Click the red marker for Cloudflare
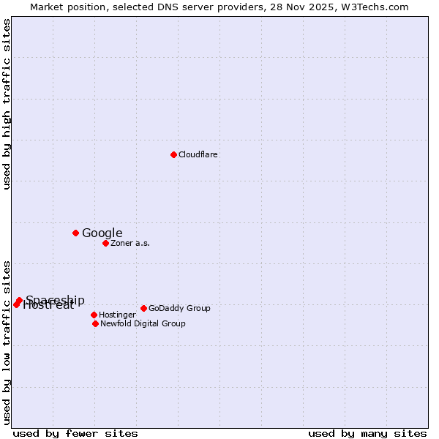pyautogui.click(x=173, y=154)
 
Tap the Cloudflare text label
pyautogui.click(x=198, y=154)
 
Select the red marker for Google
pyautogui.click(x=75, y=233)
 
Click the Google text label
pyautogui.click(x=102, y=233)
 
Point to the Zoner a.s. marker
pyautogui.click(x=105, y=243)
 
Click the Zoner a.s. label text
pyautogui.click(x=130, y=243)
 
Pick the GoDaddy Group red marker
pyautogui.click(x=143, y=308)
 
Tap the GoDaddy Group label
pyautogui.click(x=179, y=308)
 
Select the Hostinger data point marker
pyautogui.click(x=94, y=315)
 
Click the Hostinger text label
pyautogui.click(x=117, y=315)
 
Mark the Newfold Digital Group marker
pyautogui.click(x=95, y=323)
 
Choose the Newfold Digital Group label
pyautogui.click(x=143, y=323)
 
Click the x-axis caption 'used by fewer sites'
pyautogui.click(x=75, y=433)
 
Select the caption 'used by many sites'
pyautogui.click(x=367, y=433)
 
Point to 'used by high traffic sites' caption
pyautogui.click(x=7, y=105)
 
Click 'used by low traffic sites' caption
pyautogui.click(x=7, y=342)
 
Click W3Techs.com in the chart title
pyautogui.click(x=378, y=7)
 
